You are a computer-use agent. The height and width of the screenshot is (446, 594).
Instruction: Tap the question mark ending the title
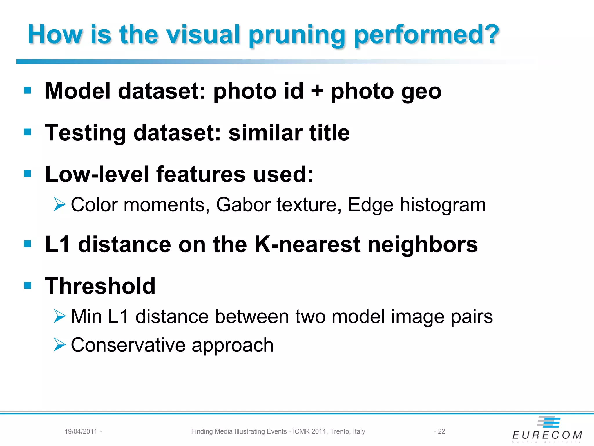coord(489,34)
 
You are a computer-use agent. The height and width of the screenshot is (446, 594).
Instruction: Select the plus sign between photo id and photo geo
coord(317,91)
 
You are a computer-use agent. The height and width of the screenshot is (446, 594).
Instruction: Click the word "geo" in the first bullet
coord(421,92)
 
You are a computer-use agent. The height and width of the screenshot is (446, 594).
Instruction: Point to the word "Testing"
coord(85,133)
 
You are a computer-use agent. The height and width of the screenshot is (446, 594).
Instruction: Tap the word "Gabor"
coord(244,205)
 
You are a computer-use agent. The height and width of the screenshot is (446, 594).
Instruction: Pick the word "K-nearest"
coord(307,244)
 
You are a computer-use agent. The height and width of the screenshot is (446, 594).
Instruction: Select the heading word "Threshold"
coord(100,286)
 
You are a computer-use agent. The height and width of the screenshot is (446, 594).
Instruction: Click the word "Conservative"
coord(128,345)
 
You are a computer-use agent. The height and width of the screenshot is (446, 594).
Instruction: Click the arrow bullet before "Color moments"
coord(59,204)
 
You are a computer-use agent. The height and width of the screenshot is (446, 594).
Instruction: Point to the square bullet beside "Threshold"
coord(28,285)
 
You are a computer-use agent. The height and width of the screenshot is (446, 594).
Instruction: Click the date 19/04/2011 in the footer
coord(81,431)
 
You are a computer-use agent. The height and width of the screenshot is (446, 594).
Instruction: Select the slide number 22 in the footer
coord(441,431)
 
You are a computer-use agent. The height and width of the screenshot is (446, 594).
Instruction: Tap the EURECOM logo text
coord(547,435)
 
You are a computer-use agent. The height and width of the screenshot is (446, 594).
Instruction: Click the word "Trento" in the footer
coord(340,431)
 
